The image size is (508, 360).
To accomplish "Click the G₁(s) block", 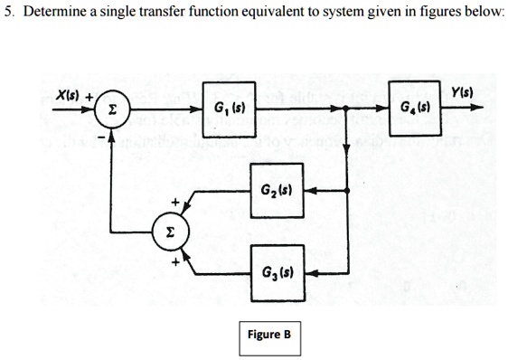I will tap(228, 110).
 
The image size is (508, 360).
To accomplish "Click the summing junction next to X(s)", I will tap(111, 110).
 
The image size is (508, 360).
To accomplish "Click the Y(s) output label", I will tap(464, 94).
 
